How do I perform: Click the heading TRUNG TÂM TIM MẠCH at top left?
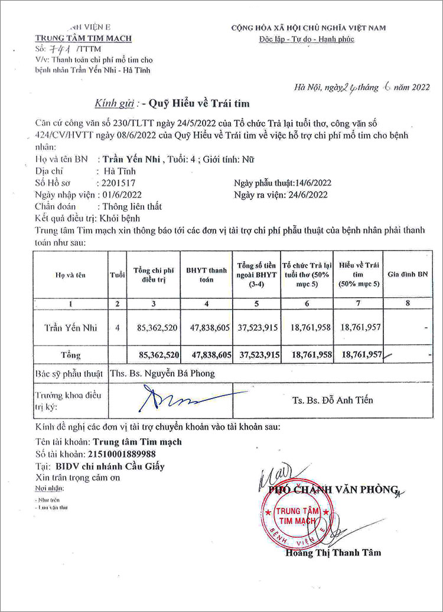click(83, 38)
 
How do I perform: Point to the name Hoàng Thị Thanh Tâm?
click(333, 552)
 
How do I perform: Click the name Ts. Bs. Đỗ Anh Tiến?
click(333, 400)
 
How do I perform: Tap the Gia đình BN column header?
click(408, 275)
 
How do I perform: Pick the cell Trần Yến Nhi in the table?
click(71, 328)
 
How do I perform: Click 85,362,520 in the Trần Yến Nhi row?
click(155, 328)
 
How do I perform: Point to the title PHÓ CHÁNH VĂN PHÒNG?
click(334, 489)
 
